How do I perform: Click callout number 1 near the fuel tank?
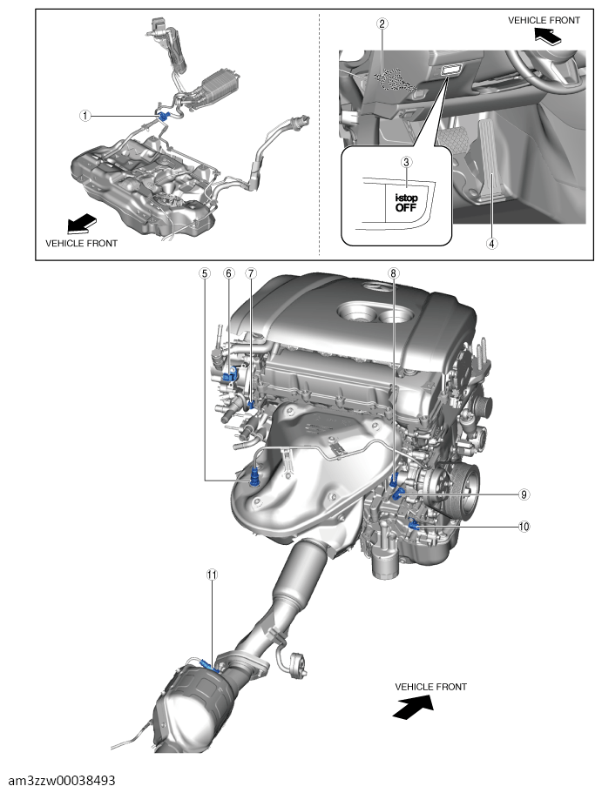(x=85, y=115)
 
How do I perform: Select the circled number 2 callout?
(x=382, y=24)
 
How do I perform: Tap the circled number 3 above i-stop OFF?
(x=406, y=162)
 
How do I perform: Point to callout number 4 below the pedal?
(x=492, y=244)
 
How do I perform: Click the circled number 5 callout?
(x=204, y=273)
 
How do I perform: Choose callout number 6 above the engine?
(x=228, y=273)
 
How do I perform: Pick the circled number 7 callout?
(x=251, y=273)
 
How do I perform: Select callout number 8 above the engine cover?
(x=394, y=273)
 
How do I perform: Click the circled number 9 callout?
(x=524, y=494)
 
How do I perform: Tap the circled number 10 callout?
(x=524, y=526)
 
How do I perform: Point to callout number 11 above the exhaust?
(x=211, y=575)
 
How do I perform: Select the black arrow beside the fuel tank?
(x=84, y=224)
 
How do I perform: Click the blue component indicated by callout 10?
(x=414, y=524)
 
